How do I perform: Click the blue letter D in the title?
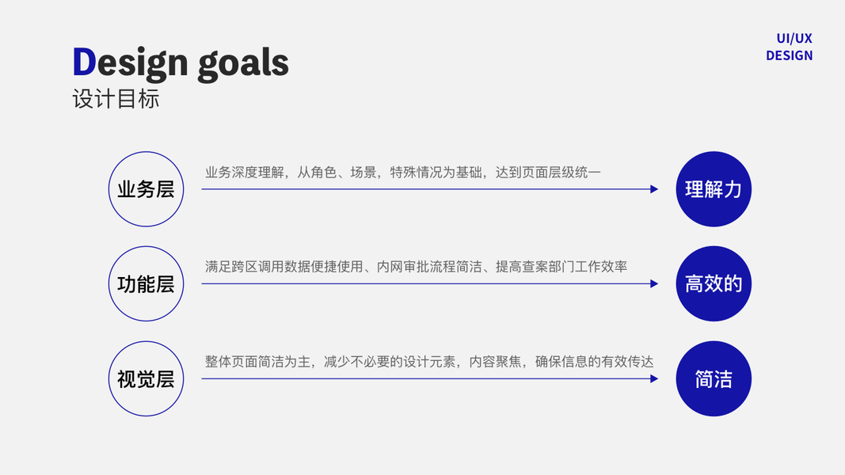coord(84,63)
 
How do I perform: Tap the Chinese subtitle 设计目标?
coord(116,100)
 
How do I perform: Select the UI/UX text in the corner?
coord(794,38)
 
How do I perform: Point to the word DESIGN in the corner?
coord(789,55)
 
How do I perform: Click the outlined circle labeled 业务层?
coord(146,189)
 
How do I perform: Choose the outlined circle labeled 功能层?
coord(146,283)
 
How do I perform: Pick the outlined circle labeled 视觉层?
coord(146,378)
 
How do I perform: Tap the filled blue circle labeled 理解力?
coord(714,189)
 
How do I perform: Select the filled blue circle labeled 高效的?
coord(714,283)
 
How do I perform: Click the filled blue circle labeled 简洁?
coord(714,378)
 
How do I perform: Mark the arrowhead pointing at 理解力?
coord(654,189)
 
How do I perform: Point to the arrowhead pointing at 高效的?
coord(654,283)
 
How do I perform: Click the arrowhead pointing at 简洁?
coord(654,378)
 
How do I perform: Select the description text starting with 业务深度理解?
coord(402,172)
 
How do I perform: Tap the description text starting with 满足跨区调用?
coord(416,267)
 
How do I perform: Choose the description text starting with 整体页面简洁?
coord(429,362)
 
